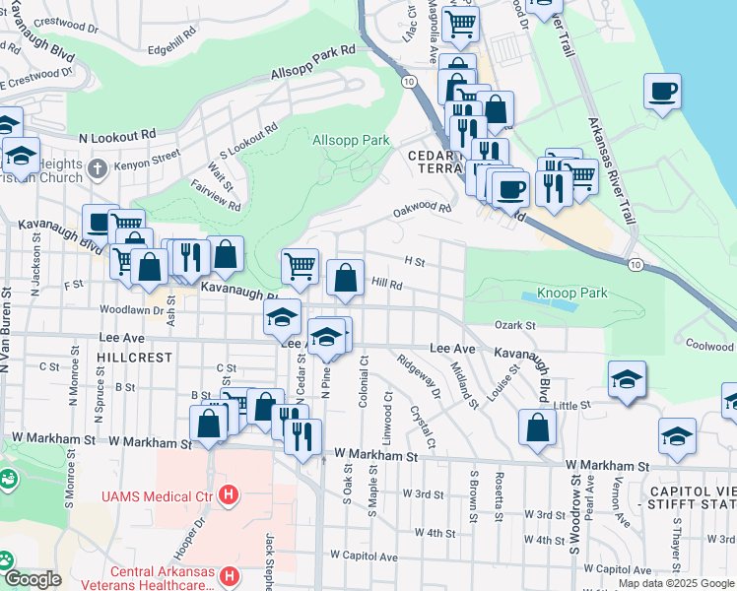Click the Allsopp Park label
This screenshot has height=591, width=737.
click(x=352, y=141)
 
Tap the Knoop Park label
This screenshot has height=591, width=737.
click(x=572, y=293)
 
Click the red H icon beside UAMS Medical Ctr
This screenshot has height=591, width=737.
click(x=230, y=493)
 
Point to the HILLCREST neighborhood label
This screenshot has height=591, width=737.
click(x=136, y=358)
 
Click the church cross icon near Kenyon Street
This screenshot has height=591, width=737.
click(x=96, y=168)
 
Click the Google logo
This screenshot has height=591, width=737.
click(x=33, y=579)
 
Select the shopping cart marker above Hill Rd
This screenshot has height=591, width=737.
click(x=300, y=265)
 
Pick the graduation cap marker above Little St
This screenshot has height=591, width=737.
click(x=627, y=379)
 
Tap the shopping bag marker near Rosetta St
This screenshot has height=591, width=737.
click(x=537, y=427)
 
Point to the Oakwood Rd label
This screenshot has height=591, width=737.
click(x=422, y=209)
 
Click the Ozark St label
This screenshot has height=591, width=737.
click(x=514, y=325)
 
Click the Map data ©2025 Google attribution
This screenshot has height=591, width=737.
click(x=677, y=583)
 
